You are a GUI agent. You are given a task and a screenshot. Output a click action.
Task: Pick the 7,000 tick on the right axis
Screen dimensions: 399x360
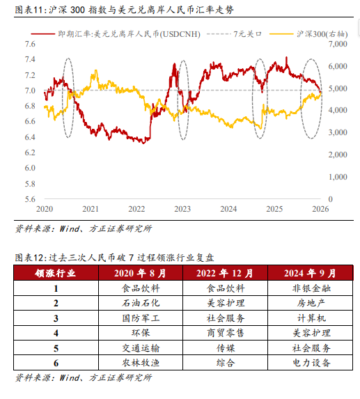[x=336, y=44]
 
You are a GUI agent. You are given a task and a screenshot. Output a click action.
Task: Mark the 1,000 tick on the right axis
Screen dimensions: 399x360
[x=336, y=177]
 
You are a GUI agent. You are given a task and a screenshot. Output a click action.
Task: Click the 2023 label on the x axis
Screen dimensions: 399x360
[x=182, y=209]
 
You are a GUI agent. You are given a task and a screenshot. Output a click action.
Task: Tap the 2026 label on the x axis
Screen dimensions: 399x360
[x=320, y=209]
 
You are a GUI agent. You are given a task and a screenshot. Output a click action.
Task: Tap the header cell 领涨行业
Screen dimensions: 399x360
[x=55, y=272]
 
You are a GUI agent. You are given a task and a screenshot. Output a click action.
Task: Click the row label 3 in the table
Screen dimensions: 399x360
[x=55, y=318]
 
